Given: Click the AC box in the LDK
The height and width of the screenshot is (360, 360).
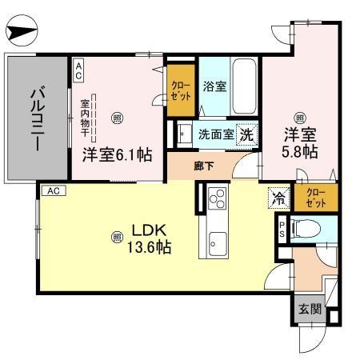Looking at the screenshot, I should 51,190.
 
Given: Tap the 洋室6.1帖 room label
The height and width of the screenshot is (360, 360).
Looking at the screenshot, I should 117,155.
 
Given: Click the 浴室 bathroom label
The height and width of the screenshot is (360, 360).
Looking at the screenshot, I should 214,87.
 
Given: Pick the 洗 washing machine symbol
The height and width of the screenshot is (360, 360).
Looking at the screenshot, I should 248,134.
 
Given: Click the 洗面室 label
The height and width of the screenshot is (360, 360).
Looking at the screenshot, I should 216,135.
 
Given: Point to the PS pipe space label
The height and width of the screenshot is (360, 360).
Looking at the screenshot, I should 282,230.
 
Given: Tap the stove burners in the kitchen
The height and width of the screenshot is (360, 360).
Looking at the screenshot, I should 216,198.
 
